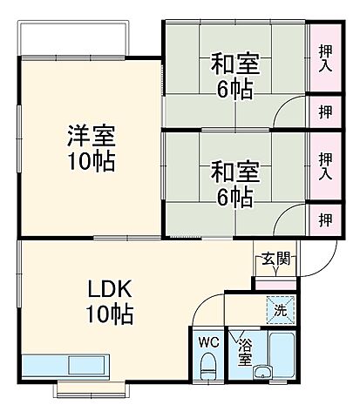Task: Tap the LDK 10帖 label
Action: (109, 300)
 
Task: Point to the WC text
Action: (208, 340)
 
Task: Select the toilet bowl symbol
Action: (208, 369)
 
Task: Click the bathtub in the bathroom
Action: (282, 357)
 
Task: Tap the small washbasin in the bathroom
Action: (261, 374)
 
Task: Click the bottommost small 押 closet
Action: (324, 219)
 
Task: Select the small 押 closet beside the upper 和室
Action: (324, 111)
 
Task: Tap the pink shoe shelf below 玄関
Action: (275, 284)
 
